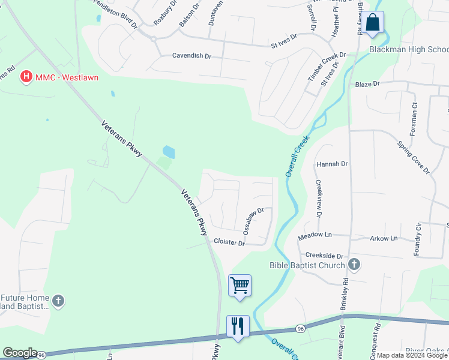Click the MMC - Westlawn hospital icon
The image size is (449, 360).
(x=26, y=77)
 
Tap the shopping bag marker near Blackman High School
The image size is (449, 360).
(x=372, y=23)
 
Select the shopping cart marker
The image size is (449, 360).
(x=240, y=285)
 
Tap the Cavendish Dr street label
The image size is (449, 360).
(x=192, y=56)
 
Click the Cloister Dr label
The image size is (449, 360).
(x=229, y=242)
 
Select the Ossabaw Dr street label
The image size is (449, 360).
(x=253, y=220)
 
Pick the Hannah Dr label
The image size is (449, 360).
(x=333, y=163)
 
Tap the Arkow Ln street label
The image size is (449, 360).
(x=384, y=238)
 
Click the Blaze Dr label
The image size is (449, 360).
(x=368, y=85)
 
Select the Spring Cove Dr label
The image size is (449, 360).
(x=414, y=158)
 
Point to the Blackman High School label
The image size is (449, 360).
(x=408, y=49)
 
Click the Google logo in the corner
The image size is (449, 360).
(x=20, y=353)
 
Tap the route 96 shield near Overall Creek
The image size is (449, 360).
(x=300, y=329)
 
